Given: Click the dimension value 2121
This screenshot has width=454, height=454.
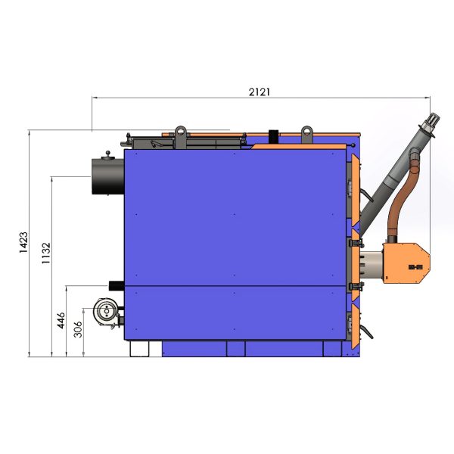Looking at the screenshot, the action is point(259,92).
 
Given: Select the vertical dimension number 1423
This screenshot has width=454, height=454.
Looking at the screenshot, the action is point(23,242).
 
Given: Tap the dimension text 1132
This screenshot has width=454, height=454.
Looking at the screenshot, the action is point(45,253).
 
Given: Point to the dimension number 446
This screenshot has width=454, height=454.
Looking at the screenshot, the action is point(61,321).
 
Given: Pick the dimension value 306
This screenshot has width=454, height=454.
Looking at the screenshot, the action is point(78,329).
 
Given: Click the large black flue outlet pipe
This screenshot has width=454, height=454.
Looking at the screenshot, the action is point(107,176).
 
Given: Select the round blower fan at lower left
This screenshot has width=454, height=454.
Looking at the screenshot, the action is point(107,312).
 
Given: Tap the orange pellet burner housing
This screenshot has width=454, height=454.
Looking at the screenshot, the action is point(406,263).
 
